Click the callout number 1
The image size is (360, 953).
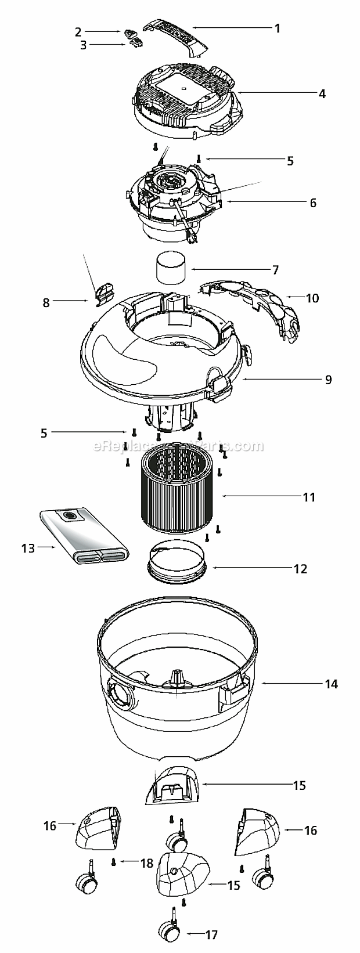[278, 28]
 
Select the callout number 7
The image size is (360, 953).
[275, 270]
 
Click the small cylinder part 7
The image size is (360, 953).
[171, 269]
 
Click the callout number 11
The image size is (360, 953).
[308, 497]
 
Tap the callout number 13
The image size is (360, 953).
[28, 548]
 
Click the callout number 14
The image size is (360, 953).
[331, 684]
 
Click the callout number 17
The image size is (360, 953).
[228, 935]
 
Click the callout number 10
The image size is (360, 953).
[312, 298]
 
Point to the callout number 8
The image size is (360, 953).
[46, 302]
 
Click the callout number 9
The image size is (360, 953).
[328, 380]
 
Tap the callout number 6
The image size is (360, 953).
[313, 203]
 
